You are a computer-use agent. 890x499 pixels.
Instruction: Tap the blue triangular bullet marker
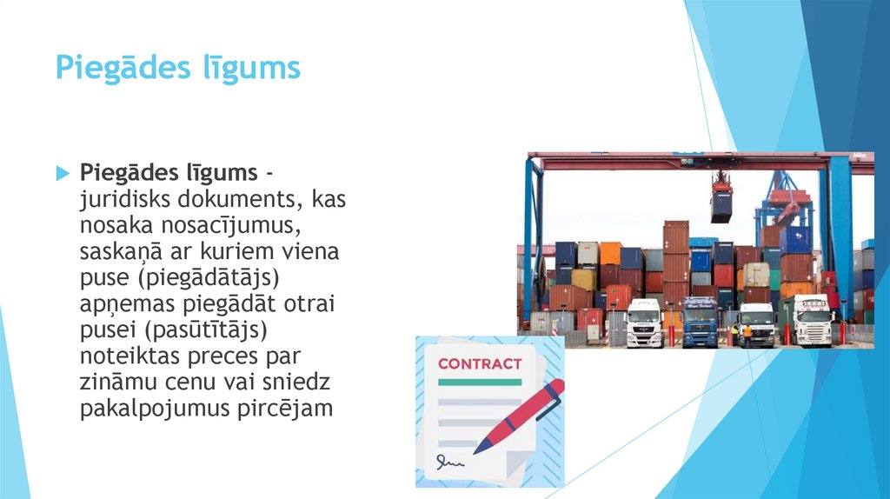point(62,173)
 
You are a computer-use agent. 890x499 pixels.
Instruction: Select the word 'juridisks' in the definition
point(116,200)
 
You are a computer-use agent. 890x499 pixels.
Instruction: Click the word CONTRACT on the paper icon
point(480,363)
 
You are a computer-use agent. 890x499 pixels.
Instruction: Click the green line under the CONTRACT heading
point(480,382)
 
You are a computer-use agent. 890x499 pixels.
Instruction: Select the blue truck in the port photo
point(700,323)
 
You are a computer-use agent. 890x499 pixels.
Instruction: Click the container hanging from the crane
point(721,205)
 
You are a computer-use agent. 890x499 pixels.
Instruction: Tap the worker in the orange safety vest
point(747,334)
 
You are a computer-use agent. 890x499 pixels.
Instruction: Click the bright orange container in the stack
point(610,253)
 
